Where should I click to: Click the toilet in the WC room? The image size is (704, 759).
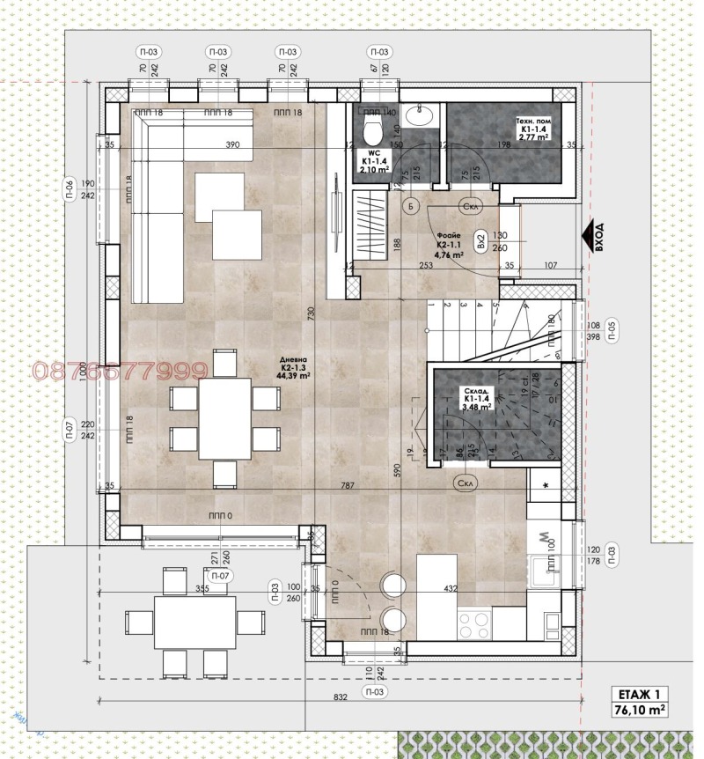pyautogui.click(x=372, y=133)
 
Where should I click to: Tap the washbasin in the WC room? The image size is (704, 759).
pyautogui.click(x=420, y=115)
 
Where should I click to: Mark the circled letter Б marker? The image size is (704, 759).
pyautogui.click(x=409, y=205)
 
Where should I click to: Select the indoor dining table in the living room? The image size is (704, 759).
pyautogui.click(x=224, y=418)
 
